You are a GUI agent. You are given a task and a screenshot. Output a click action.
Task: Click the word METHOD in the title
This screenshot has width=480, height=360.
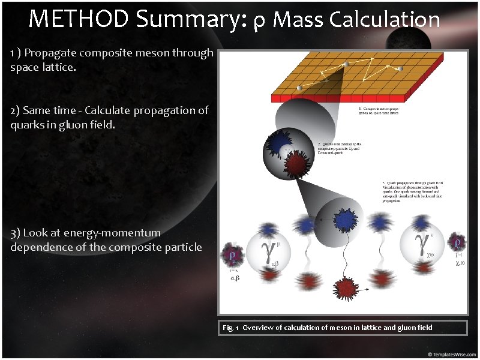pos(79,20)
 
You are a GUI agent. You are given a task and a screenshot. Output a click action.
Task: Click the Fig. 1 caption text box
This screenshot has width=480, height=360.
pos(343,328)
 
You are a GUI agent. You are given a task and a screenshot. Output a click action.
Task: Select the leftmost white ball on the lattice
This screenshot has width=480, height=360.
pos(299,89)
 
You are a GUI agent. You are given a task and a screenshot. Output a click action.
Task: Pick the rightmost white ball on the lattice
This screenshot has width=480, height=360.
pos(400,69)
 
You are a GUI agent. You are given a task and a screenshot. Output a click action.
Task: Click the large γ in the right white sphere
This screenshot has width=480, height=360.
pos(422,245)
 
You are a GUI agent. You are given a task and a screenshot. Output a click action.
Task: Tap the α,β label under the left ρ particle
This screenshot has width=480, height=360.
pos(235,278)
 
